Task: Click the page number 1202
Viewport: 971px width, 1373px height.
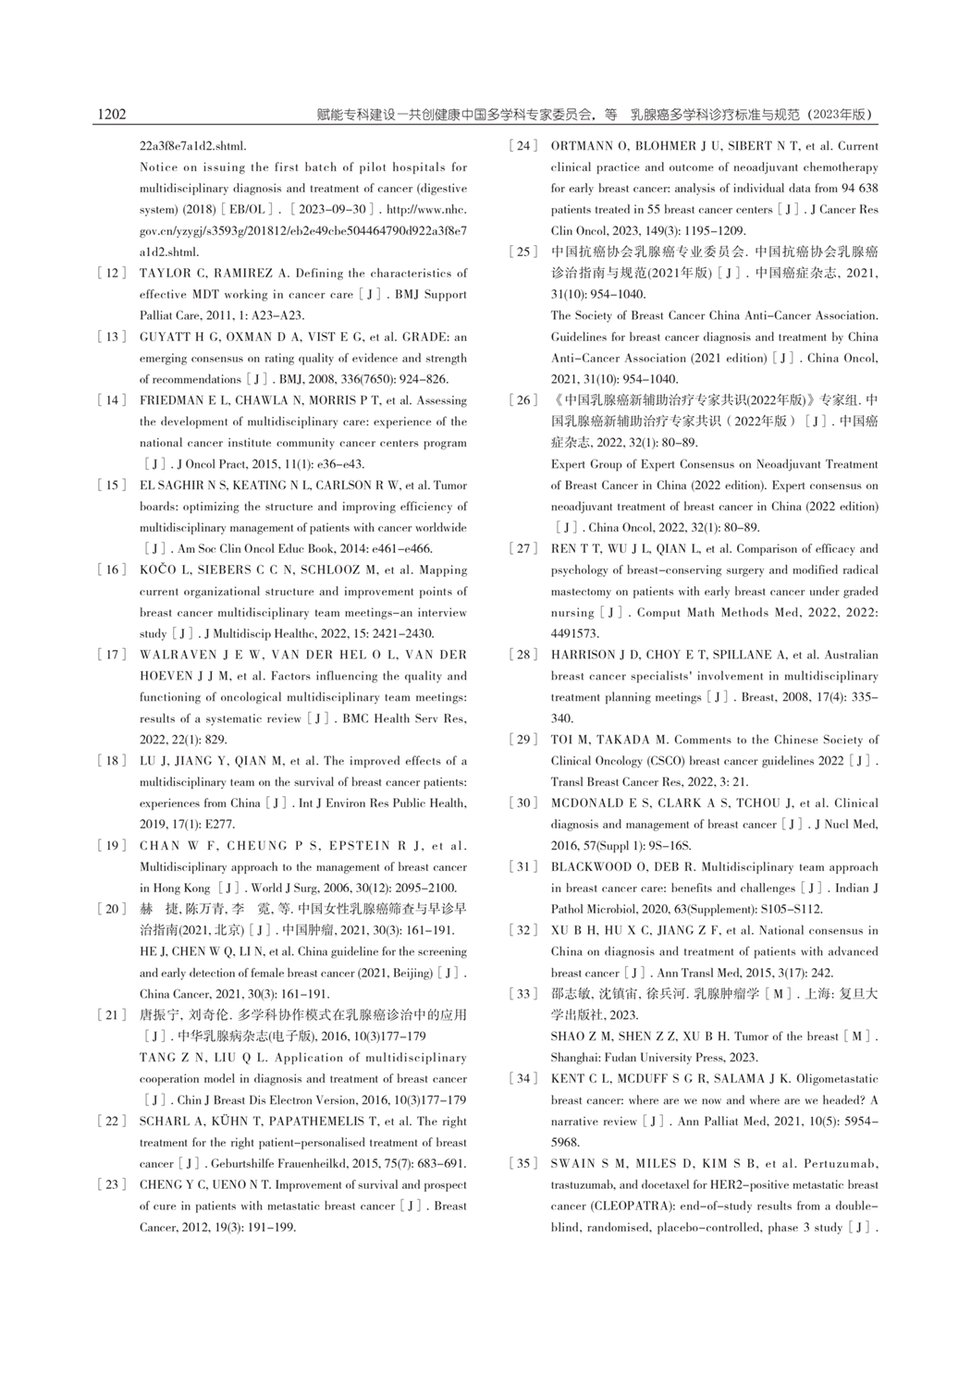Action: click(x=110, y=115)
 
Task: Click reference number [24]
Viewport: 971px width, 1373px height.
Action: click(x=522, y=146)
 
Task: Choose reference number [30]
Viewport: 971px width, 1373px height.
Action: click(x=522, y=803)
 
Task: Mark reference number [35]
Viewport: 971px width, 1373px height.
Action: click(x=522, y=1163)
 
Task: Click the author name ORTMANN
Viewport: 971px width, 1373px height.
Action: click(x=580, y=146)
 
